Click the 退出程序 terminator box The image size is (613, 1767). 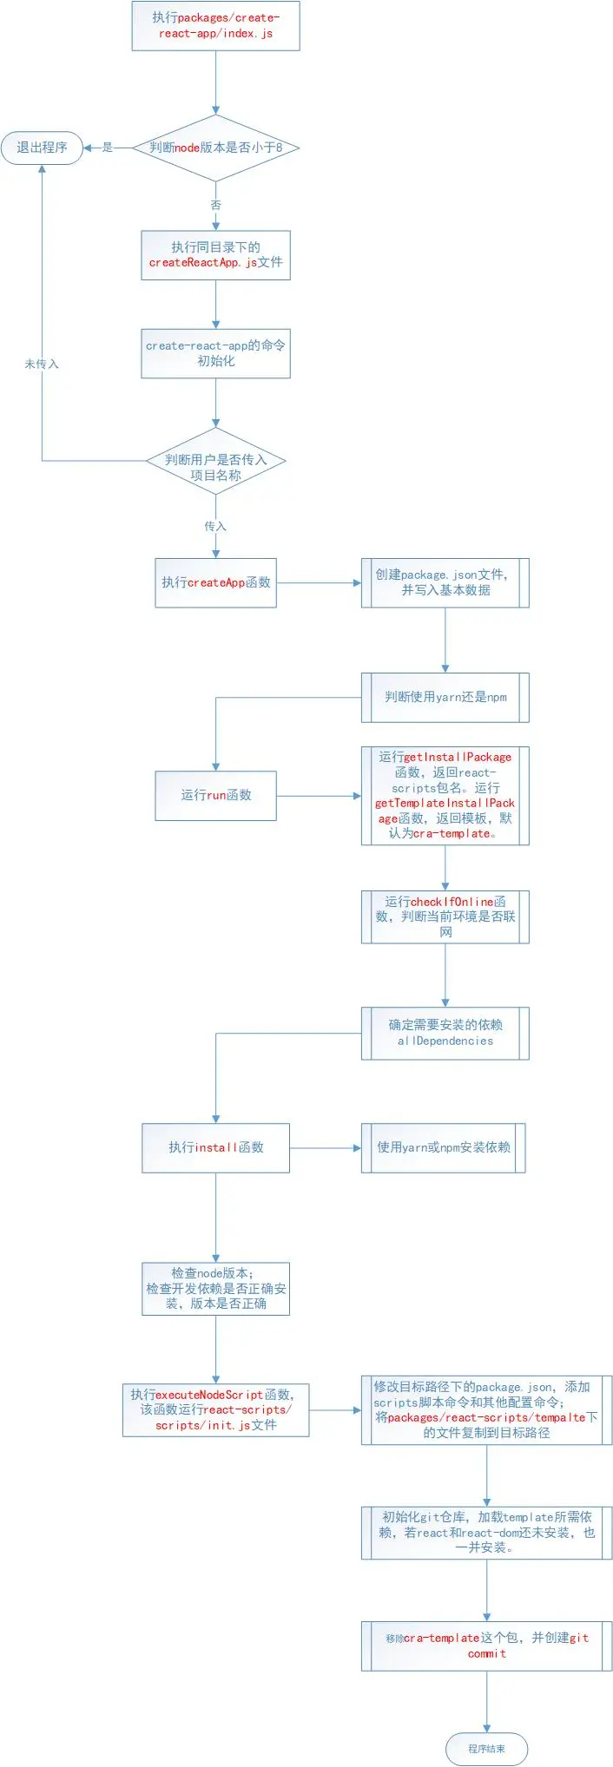point(42,148)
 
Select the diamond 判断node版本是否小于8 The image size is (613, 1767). point(215,148)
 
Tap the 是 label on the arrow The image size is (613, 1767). point(108,148)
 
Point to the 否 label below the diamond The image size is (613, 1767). point(215,205)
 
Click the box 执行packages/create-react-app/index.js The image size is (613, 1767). point(215,25)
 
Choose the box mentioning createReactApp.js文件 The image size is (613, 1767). point(215,255)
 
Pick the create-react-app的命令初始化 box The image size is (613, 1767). point(215,353)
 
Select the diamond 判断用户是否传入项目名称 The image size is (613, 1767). point(215,468)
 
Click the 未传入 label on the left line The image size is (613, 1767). point(42,364)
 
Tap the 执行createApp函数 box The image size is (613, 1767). point(215,582)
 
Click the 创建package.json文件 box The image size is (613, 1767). point(445,582)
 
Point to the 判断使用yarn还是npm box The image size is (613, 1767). point(445,697)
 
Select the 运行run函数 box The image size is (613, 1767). point(215,795)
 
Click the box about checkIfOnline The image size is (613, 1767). point(445,916)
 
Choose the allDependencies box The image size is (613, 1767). point(445,1033)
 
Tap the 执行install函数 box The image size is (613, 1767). point(215,1147)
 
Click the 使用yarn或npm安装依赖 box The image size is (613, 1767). point(443,1147)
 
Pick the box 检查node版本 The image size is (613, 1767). point(215,1288)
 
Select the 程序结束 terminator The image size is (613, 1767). point(486,1749)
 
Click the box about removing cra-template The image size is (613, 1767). point(486,1645)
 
